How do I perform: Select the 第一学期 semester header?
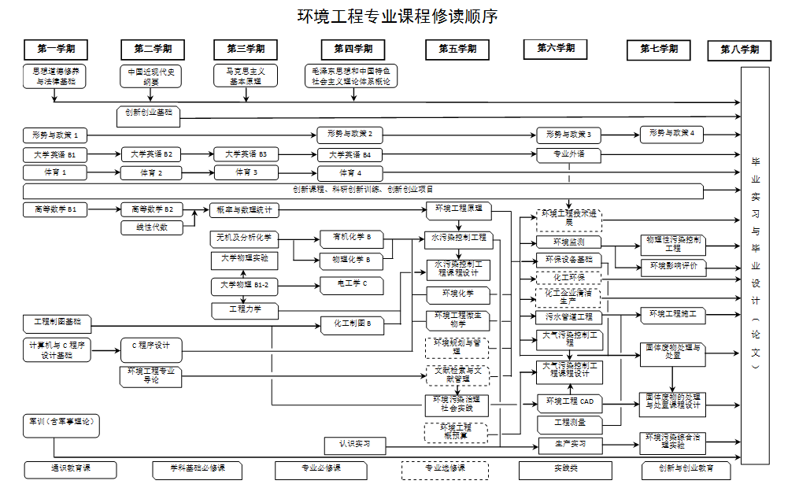[x=55, y=49]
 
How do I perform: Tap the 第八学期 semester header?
[x=739, y=50]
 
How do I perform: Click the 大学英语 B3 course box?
[x=246, y=154]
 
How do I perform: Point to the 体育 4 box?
[x=350, y=173]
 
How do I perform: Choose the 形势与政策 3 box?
[x=569, y=135]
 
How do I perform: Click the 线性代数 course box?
[x=152, y=227]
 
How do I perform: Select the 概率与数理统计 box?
[x=244, y=210]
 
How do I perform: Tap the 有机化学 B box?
[x=350, y=238]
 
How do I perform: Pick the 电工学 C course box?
[x=350, y=284]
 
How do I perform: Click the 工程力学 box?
[x=244, y=309]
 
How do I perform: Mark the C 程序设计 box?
[x=151, y=346]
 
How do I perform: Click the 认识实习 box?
[x=355, y=445]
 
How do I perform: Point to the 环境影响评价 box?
[x=673, y=267]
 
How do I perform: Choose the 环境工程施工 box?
[x=673, y=315]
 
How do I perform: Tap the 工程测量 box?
[x=569, y=423]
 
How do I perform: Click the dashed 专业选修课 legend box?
[x=445, y=470]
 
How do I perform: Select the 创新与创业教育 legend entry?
[x=685, y=470]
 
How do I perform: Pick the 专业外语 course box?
[x=569, y=154]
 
